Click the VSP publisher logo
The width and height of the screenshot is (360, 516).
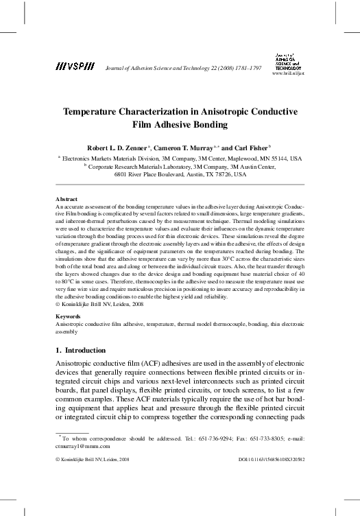click(x=75, y=67)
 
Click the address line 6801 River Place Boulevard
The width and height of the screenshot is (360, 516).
click(x=156, y=174)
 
